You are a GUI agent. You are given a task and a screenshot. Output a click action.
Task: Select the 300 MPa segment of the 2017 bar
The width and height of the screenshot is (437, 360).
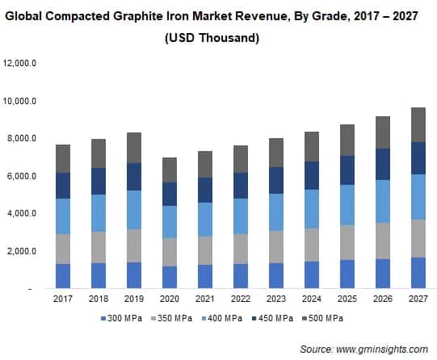point(62,275)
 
